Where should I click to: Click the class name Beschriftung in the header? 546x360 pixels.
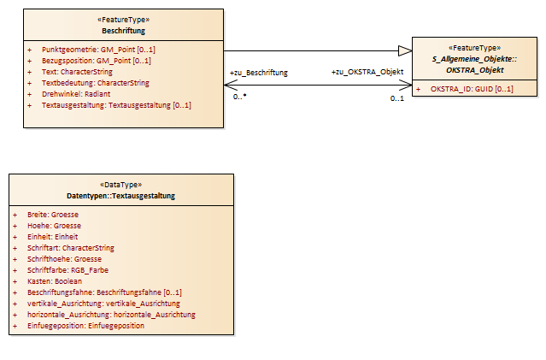[x=123, y=31]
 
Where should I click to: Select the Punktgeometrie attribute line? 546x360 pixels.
[x=98, y=50]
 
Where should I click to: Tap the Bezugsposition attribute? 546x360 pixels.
[x=96, y=61]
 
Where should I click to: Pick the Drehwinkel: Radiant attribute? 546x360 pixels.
[x=76, y=94]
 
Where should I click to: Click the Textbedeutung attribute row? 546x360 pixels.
[x=96, y=83]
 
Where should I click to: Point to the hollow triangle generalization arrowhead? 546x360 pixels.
[x=405, y=51]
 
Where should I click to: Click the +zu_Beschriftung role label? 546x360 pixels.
[x=259, y=73]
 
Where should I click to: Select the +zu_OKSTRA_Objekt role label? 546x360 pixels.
[x=367, y=72]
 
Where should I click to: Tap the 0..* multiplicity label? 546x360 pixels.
[x=239, y=97]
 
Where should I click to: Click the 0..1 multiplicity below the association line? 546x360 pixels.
[x=397, y=98]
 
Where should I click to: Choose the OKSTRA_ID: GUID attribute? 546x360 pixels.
[x=472, y=89]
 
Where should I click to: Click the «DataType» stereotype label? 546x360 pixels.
[x=120, y=185]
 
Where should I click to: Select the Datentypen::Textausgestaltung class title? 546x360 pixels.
[x=120, y=196]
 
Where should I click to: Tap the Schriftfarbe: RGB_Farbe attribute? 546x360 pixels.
[x=68, y=270]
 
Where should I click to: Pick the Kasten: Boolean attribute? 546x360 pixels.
[x=55, y=281]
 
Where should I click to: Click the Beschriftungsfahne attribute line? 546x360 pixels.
[x=104, y=292]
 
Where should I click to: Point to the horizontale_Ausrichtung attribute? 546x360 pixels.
[x=111, y=315]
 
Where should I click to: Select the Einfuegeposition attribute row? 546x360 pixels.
[x=85, y=326]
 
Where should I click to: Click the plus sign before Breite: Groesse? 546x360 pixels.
[x=15, y=215]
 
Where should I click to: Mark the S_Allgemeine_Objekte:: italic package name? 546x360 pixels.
[x=474, y=59]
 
